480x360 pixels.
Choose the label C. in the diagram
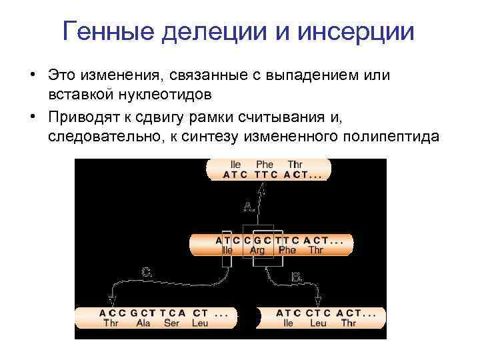(147, 272)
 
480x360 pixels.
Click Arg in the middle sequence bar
(257, 251)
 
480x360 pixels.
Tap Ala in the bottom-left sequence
(144, 323)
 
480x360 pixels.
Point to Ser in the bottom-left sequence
(172, 323)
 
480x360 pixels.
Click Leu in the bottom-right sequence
(317, 323)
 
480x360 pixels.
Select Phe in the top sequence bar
(265, 164)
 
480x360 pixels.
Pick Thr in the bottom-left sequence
(111, 323)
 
